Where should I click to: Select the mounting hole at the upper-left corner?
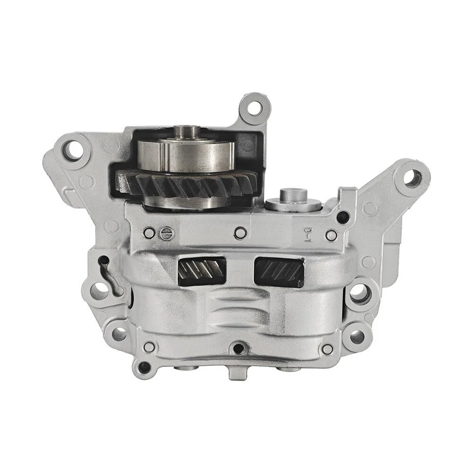tap(74, 150)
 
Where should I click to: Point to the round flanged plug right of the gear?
tap(293, 201)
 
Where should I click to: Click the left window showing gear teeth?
tap(202, 270)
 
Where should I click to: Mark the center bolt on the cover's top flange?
tap(240, 234)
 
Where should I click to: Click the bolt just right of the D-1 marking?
tap(332, 235)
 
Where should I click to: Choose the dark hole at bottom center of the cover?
tap(238, 349)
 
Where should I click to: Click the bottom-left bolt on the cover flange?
tap(149, 347)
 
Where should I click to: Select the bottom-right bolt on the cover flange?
tap(326, 349)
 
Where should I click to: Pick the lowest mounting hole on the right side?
tap(356, 337)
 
